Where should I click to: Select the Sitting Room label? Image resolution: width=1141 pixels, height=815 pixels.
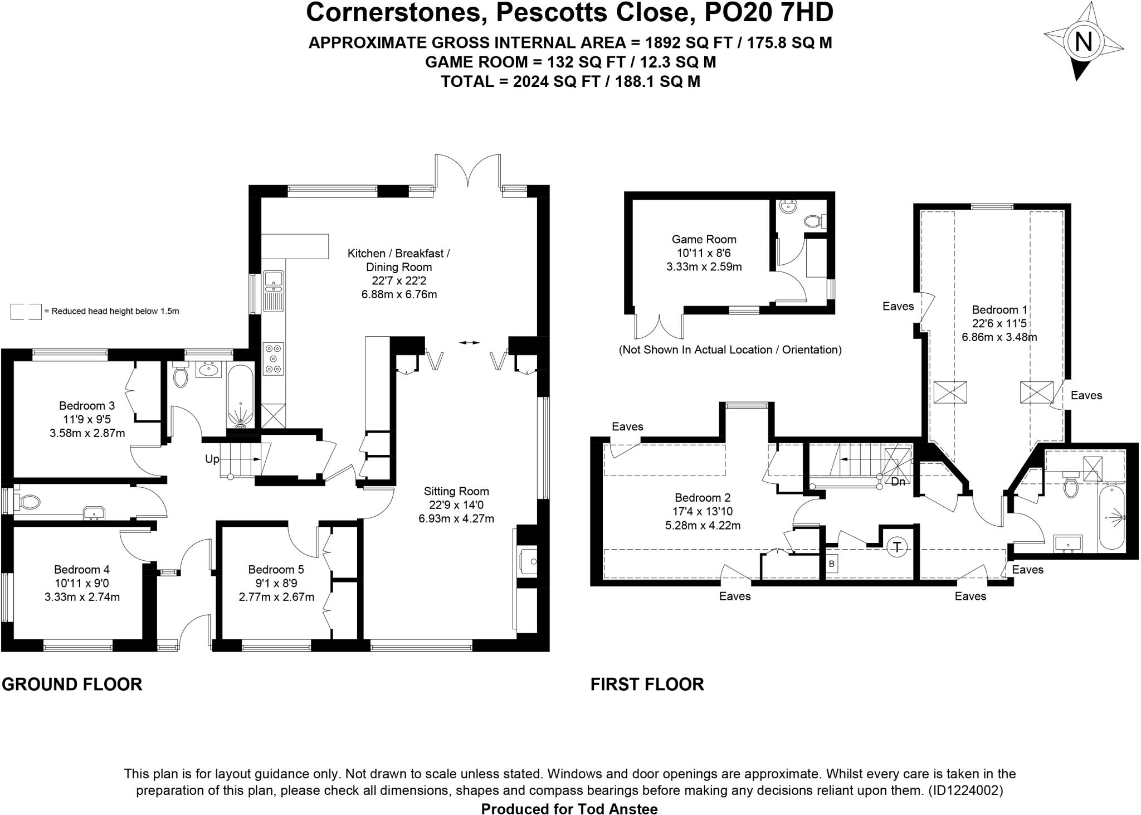point(456,491)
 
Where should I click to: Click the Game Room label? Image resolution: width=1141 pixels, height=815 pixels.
point(704,239)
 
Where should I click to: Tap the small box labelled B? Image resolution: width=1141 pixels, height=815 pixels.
point(831,564)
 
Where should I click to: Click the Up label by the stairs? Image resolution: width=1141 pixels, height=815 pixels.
point(212,459)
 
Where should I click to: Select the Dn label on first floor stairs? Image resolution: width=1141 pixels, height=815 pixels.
point(898,482)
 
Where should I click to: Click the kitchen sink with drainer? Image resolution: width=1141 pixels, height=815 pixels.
point(274,290)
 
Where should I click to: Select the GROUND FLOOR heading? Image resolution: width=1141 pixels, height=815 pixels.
point(72,684)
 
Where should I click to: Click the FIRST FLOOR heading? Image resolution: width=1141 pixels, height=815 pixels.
point(647,684)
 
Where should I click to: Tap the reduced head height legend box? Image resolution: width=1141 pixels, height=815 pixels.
point(26,311)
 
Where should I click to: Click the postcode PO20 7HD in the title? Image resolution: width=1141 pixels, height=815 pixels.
point(769,12)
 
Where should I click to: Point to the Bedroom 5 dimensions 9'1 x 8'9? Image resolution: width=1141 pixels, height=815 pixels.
point(276,583)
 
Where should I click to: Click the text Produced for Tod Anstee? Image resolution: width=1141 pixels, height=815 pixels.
point(569,809)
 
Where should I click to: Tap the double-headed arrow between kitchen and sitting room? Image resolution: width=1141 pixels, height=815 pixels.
point(468,343)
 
